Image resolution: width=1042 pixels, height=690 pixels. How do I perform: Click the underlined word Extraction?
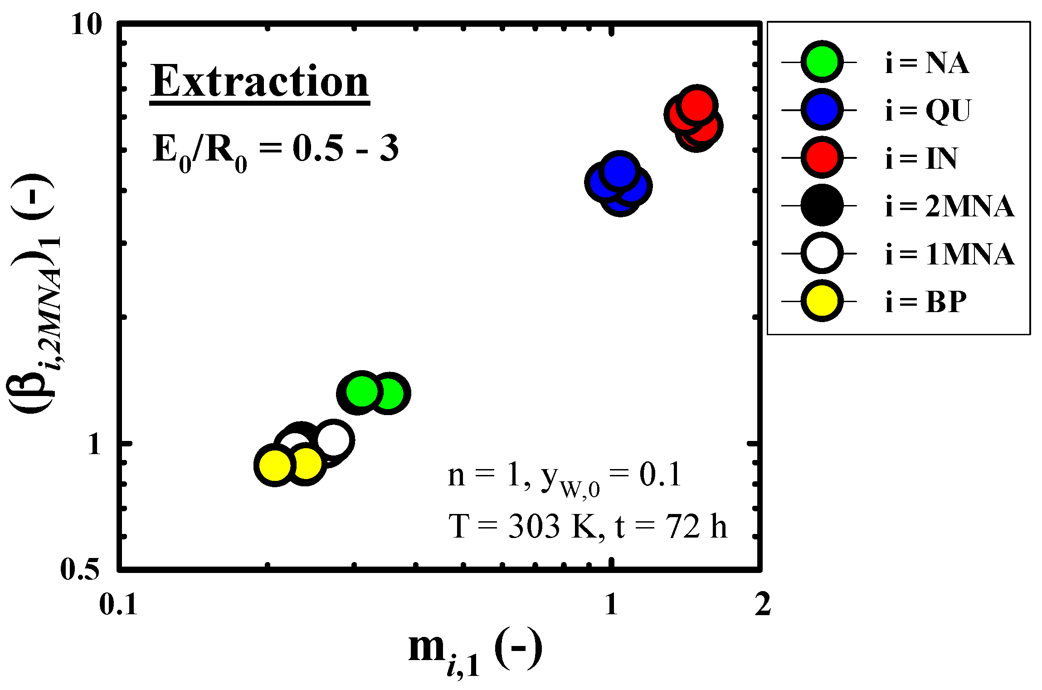[x=259, y=82]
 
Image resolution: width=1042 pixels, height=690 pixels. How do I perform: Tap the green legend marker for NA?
[x=822, y=62]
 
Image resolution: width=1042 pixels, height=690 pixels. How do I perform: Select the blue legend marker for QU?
[x=822, y=110]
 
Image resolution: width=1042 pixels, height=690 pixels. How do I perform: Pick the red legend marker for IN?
[x=822, y=157]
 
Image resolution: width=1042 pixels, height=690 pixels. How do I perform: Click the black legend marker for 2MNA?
[x=822, y=206]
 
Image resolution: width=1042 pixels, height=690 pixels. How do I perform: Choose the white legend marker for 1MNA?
[x=822, y=253]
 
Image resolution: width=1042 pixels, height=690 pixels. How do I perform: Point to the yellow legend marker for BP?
[x=822, y=301]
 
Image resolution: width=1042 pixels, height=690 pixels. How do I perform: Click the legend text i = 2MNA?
[x=949, y=206]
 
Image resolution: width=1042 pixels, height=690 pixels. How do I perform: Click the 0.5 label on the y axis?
[x=80, y=569]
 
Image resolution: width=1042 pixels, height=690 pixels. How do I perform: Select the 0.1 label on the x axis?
[x=118, y=604]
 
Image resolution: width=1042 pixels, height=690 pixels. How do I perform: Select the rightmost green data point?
[x=389, y=393]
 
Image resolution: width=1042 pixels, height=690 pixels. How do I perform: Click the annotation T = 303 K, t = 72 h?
[x=587, y=527]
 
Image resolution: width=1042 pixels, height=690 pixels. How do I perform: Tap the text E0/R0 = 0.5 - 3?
[x=275, y=150]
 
